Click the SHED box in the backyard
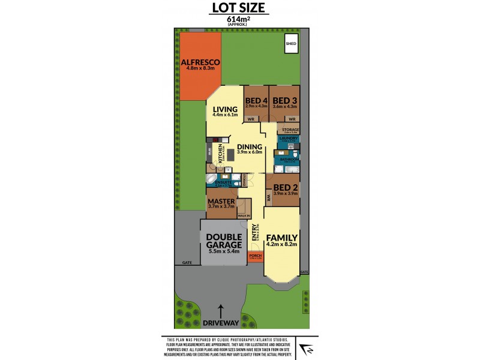click(291, 44)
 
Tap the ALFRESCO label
click(202, 62)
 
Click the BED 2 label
click(285, 187)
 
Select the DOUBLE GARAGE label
click(223, 240)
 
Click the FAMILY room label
click(281, 237)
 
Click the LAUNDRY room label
click(288, 139)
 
